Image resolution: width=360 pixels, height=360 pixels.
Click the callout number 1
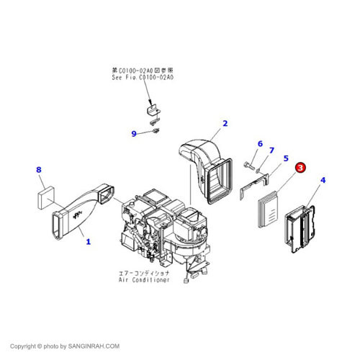(88, 242)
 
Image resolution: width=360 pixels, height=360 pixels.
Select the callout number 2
(225, 123)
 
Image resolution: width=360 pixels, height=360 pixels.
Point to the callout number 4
(323, 180)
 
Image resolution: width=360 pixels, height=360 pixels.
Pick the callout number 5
(286, 158)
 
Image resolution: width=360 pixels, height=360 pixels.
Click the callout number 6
(260, 144)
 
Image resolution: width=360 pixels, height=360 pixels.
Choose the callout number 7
(271, 150)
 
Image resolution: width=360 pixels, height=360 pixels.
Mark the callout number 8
(40, 170)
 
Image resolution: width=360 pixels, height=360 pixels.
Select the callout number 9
(133, 133)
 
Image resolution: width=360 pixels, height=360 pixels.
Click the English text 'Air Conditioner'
(145, 279)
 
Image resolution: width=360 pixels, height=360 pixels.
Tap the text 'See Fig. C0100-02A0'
(143, 77)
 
